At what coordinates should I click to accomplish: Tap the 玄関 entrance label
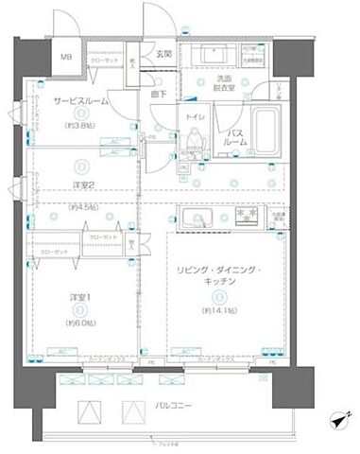click(163, 54)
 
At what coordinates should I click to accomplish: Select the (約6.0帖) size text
click(79, 321)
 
